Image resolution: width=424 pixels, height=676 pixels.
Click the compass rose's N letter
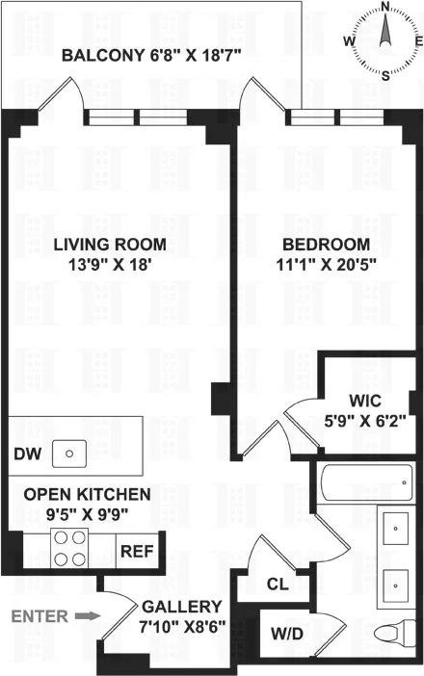point(385,7)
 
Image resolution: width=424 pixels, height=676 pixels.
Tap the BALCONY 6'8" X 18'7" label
point(150,56)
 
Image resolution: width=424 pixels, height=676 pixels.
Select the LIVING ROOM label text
point(109,244)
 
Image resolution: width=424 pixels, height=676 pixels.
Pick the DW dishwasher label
point(25,453)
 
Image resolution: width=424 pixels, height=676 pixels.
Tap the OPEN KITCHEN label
point(87,504)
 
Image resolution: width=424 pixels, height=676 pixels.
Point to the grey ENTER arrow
point(87,614)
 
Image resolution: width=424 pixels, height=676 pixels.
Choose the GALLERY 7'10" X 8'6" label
point(181,616)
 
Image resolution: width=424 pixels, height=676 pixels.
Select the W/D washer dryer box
point(285,636)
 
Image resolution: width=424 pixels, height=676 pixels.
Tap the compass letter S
point(385,76)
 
